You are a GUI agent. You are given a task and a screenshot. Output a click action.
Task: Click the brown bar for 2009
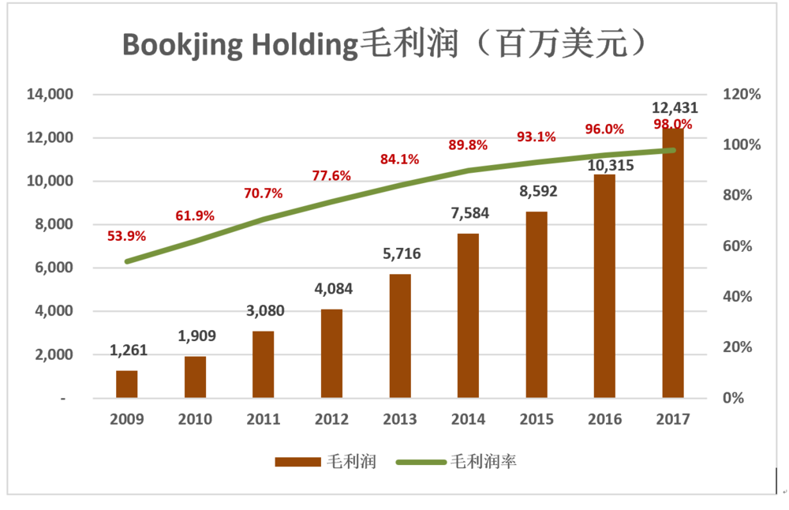pos(127,384)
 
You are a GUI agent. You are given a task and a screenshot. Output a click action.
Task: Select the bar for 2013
pos(400,336)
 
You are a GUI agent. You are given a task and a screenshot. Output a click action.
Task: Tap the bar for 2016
pos(604,286)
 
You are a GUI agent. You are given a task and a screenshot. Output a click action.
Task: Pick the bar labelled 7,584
pos(468,316)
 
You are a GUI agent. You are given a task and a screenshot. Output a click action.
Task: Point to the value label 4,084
pos(331,289)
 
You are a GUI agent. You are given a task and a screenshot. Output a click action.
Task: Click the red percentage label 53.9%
pos(126,236)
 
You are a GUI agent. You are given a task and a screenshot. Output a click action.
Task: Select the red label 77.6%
pos(331,175)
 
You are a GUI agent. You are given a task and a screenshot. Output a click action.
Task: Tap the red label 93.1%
pos(537,137)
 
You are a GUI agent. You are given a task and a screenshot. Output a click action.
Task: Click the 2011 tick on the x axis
pos(264,419)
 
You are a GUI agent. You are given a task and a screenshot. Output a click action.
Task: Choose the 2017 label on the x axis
pos(673,419)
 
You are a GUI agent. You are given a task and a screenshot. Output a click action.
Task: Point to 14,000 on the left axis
pos(50,95)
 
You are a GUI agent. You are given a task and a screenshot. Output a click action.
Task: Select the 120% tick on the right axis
pos(742,95)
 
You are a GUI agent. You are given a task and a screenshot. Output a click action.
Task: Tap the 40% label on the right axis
pos(739,297)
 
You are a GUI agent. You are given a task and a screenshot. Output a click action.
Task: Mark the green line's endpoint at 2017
pos(673,150)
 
